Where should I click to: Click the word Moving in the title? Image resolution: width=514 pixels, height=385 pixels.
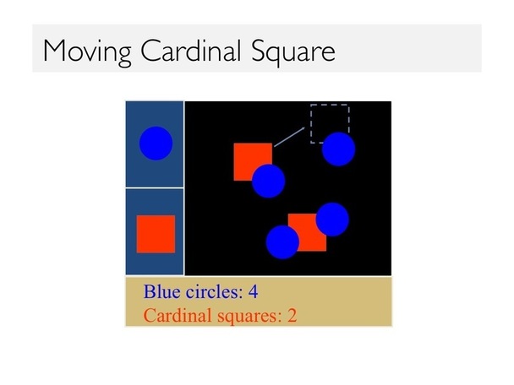88,52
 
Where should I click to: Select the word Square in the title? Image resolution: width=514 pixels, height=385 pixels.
293,52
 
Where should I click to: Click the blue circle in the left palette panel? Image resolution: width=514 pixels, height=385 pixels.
156,144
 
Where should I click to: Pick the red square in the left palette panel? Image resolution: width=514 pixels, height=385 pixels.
156,234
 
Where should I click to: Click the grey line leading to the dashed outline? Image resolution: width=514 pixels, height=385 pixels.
289,137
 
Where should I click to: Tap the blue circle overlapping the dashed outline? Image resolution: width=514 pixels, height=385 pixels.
339,149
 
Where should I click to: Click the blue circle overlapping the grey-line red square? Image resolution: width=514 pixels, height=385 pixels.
269,181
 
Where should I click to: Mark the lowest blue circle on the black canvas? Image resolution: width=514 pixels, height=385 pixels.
282,242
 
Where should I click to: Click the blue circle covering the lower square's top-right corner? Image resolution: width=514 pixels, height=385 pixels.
332,220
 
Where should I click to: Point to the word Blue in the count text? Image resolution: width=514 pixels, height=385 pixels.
162,291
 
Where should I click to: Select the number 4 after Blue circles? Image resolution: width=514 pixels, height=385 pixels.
253,291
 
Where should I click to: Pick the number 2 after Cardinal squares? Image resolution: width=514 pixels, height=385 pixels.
292,316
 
